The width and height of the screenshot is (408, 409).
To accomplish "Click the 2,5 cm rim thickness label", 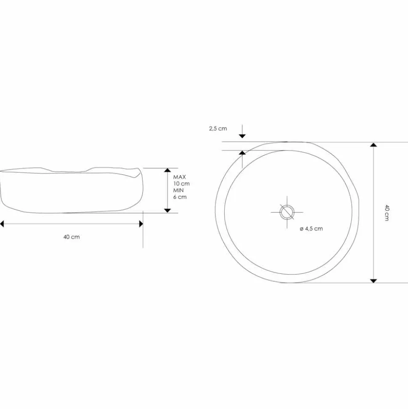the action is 218,128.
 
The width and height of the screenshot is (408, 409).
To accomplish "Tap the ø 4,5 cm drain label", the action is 311,229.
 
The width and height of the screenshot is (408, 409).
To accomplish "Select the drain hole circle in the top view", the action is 287,212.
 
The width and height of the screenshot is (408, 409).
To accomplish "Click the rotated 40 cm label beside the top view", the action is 387,213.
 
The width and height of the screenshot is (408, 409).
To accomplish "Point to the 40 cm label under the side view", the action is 72,237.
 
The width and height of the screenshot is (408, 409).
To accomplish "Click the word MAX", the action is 180,177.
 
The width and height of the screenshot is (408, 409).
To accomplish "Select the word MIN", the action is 178,190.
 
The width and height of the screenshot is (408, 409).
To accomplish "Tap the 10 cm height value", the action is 182,184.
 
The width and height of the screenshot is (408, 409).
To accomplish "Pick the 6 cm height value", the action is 180,197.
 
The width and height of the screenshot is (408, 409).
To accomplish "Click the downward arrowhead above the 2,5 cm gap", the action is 242,136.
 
